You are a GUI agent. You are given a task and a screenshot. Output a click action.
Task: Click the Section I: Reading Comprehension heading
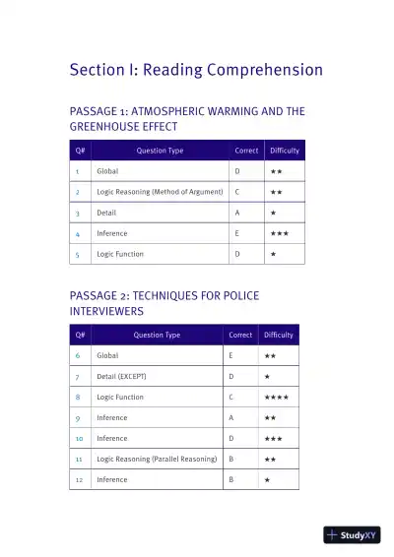[196, 70]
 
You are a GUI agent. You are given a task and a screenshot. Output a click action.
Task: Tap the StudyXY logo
[352, 535]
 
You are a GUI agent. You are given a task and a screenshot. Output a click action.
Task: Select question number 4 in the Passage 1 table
[77, 233]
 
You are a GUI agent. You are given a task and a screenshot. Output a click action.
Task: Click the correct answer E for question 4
[237, 233]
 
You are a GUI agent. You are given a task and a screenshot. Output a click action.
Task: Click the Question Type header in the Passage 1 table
[151, 151]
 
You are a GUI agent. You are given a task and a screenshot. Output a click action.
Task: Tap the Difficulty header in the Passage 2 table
[279, 335]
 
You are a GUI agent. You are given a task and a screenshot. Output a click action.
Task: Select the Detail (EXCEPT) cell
[121, 376]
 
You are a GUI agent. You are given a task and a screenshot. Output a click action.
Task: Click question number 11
[78, 459]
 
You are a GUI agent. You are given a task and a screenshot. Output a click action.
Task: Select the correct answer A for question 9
[231, 417]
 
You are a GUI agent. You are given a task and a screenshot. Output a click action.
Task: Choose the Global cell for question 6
[106, 355]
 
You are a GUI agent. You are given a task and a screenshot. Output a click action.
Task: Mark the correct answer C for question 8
[231, 397]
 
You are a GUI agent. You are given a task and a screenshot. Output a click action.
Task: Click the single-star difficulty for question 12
[267, 479]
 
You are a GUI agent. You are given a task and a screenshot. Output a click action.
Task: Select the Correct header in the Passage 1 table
[246, 151]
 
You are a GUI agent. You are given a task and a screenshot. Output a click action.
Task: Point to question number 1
[77, 171]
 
